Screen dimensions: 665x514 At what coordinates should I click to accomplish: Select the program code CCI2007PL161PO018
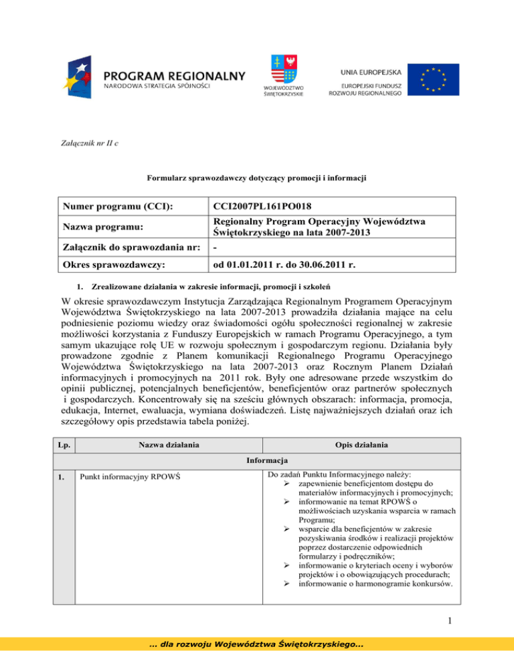tap(266, 208)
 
